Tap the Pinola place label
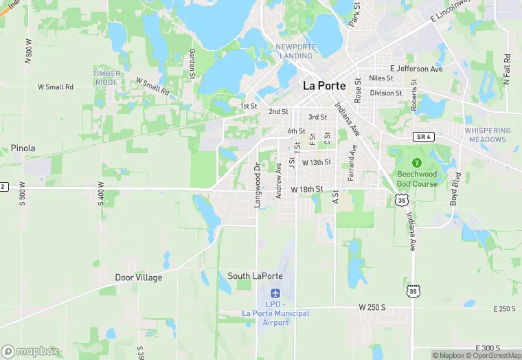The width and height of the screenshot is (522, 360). point(23,148)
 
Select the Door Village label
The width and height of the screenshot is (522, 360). point(139,278)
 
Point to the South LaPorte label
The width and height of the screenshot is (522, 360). point(255,276)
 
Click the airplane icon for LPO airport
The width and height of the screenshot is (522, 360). point(276,294)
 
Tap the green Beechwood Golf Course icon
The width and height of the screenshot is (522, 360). point(416,163)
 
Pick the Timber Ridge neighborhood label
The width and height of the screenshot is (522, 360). point(107,78)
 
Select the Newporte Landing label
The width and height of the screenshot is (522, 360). point(296,51)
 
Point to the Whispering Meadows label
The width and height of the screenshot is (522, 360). point(488,135)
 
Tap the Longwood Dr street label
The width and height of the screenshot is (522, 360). point(258,185)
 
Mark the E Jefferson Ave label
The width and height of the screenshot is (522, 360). point(416,69)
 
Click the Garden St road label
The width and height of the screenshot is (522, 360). point(193,63)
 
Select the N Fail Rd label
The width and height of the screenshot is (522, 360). point(506,69)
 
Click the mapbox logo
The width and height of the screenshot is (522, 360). point(30,351)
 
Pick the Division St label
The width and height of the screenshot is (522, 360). point(386,93)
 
